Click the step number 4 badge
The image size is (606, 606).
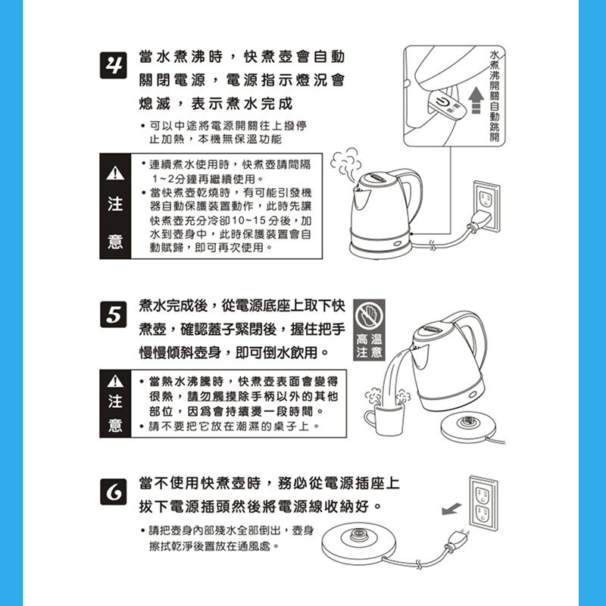coord(113,65)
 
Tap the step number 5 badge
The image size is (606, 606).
coord(113,314)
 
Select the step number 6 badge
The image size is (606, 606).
coord(113,492)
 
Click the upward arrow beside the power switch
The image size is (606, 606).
coord(476,100)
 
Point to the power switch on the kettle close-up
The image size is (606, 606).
coord(447,104)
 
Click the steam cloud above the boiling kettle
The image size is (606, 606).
coord(345,164)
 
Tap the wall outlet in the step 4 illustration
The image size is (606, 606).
coord(487,206)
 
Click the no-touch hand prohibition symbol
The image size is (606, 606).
coord(369,315)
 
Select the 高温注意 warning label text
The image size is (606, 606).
coord(369,346)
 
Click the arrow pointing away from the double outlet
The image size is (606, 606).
coord(451,508)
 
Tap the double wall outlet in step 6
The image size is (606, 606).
coord(483,503)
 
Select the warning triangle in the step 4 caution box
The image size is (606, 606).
coord(115,173)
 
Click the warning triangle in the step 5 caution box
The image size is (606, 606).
coord(115,381)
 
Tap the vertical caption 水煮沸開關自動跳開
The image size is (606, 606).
coord(495,96)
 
